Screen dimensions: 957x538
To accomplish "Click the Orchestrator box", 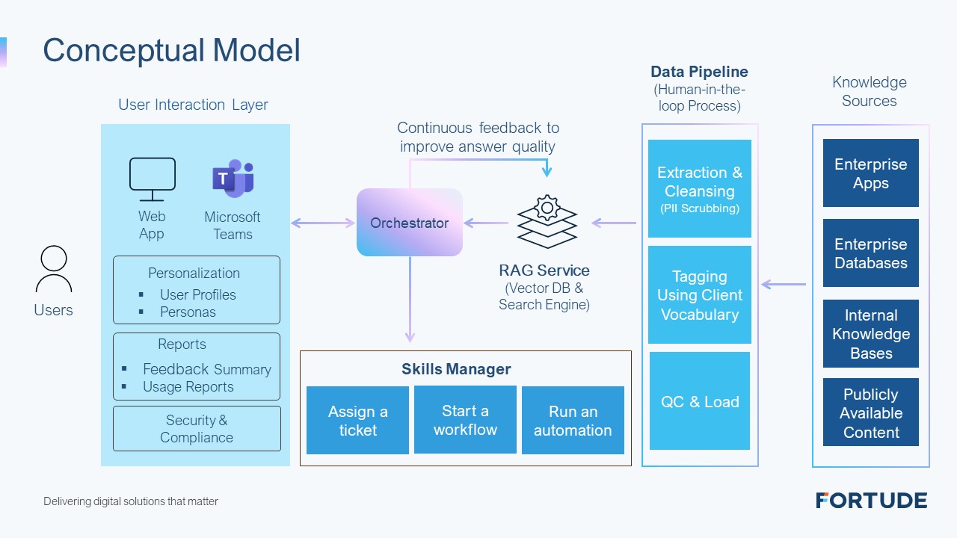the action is [x=410, y=223].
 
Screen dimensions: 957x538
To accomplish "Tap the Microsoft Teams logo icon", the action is [x=233, y=178].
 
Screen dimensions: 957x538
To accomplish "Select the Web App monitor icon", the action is [x=153, y=179].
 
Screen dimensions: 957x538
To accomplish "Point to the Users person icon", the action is [x=54, y=269].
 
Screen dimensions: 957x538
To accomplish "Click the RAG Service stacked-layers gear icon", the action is [x=547, y=222].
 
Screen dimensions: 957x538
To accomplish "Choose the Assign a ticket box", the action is [x=357, y=420].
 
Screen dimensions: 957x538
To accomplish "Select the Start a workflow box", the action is [x=465, y=420].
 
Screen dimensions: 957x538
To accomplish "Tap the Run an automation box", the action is [x=573, y=420].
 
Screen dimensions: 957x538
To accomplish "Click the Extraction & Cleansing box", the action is [x=700, y=188].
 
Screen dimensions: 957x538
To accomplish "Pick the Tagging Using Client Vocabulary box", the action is [x=700, y=294].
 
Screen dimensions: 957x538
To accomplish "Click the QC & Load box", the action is [x=700, y=401].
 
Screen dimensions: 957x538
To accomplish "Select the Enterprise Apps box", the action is [x=871, y=173].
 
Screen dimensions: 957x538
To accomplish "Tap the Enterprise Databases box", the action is [x=871, y=253].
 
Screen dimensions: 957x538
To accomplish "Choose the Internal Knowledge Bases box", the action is [x=871, y=333].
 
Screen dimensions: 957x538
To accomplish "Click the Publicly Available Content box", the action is [x=871, y=412].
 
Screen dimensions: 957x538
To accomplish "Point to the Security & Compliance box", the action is [x=197, y=429].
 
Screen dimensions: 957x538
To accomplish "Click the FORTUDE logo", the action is [x=872, y=501].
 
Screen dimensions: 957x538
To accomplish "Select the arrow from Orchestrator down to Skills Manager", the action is [x=410, y=300].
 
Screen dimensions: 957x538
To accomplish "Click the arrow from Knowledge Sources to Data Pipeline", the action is [x=784, y=284].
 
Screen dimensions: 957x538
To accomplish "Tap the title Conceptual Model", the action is [x=172, y=50].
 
